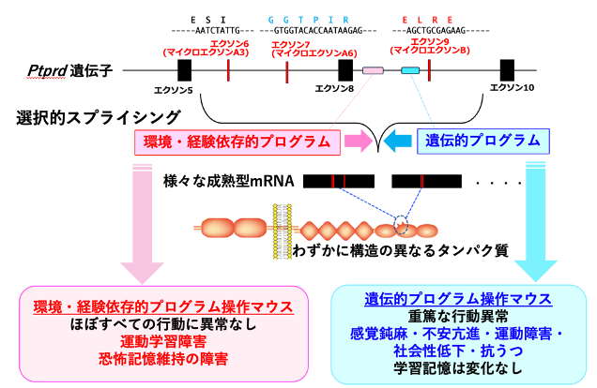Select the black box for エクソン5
pyautogui.click(x=185, y=71)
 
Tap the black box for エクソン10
pyautogui.click(x=507, y=71)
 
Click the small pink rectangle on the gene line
pyautogui.click(x=373, y=71)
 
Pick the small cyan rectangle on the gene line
pyautogui.click(x=410, y=71)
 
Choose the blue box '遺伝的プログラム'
pyautogui.click(x=482, y=141)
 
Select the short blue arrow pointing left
pyautogui.click(x=398, y=142)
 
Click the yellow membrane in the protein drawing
pyautogui.click(x=279, y=227)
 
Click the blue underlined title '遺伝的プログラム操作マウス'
pyautogui.click(x=457, y=300)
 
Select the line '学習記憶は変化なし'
pyautogui.click(x=457, y=368)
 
